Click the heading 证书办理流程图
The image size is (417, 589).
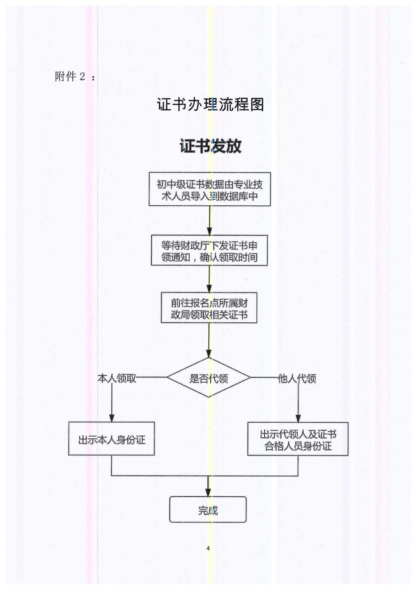[210, 105]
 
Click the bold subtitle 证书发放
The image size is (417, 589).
[210, 146]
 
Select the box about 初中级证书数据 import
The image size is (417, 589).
[210, 189]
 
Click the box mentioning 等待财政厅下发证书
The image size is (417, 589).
[209, 250]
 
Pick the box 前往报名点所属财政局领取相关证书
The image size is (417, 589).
[209, 307]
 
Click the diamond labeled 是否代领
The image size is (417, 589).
[209, 379]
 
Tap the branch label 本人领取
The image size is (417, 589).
[117, 378]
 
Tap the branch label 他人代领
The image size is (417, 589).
[297, 378]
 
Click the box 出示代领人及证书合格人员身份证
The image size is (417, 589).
[298, 440]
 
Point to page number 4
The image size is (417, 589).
[208, 548]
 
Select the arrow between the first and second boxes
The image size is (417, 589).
[209, 221]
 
